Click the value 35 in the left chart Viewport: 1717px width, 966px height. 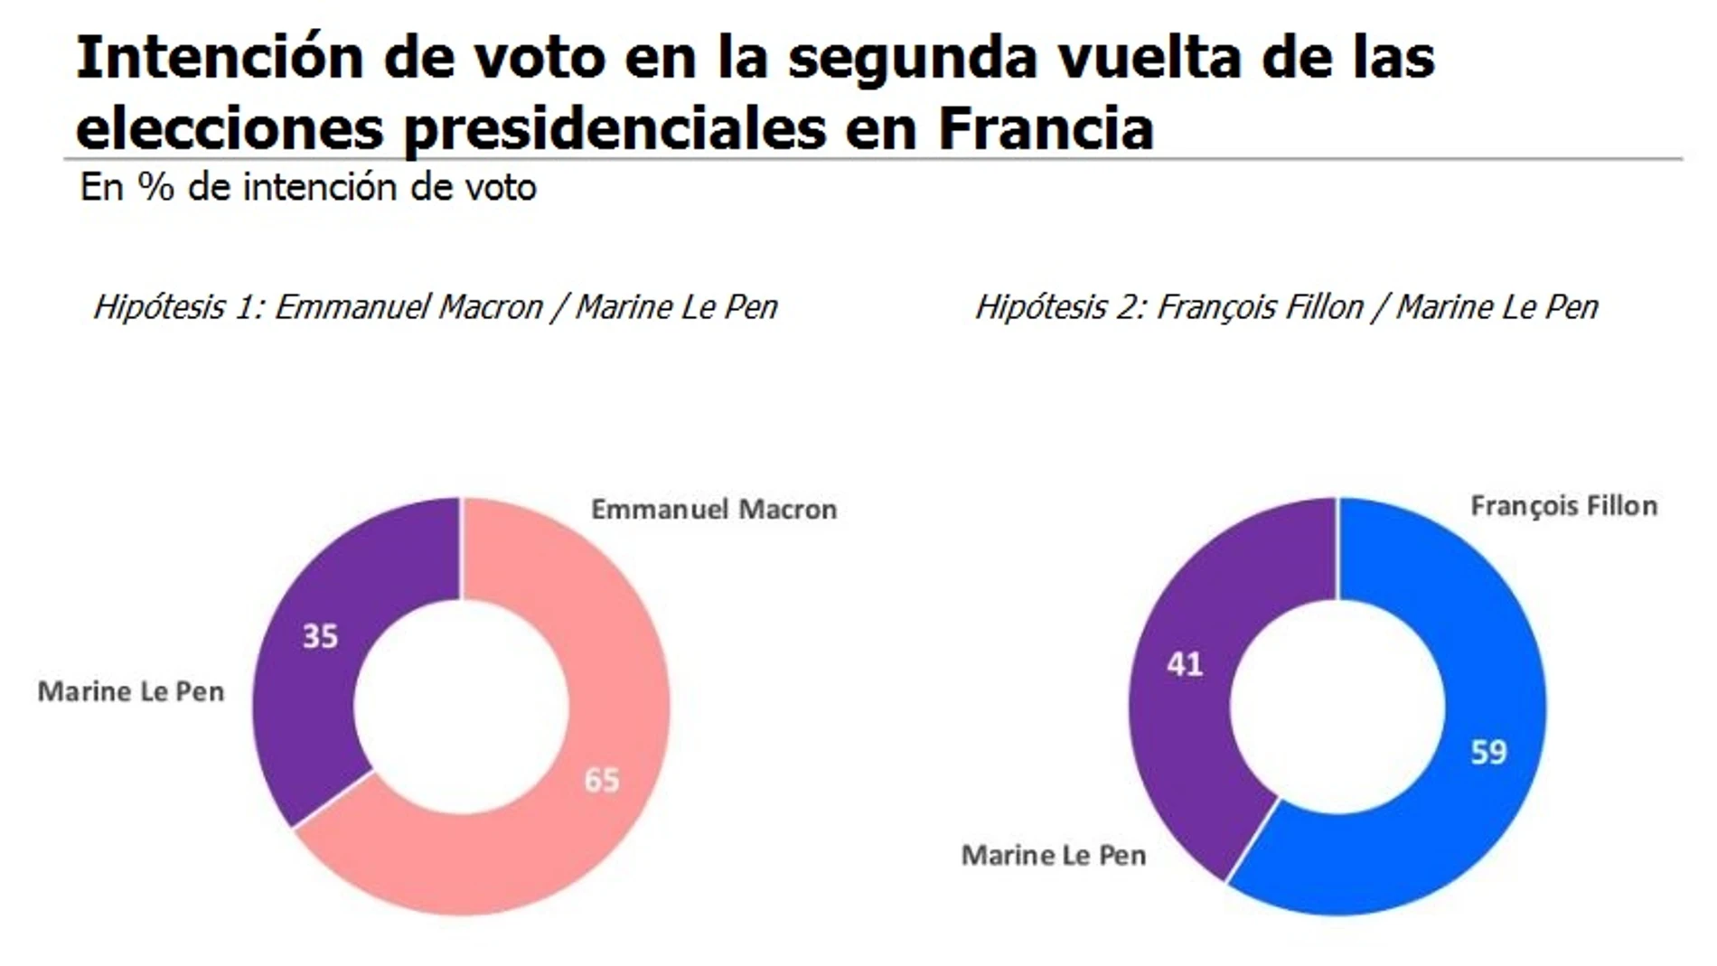[x=320, y=636]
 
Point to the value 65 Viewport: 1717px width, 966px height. [x=602, y=779]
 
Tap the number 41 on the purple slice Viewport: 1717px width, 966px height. [x=1185, y=664]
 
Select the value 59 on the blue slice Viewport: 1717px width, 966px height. [x=1488, y=752]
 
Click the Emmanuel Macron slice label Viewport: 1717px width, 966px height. [x=714, y=510]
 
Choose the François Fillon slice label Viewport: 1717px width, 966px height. [x=1563, y=506]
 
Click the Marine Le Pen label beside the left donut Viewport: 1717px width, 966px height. [x=131, y=692]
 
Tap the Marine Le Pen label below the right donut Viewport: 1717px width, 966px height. [x=1054, y=855]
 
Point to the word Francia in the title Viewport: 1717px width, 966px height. [x=1046, y=128]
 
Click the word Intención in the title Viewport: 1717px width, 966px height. [x=220, y=58]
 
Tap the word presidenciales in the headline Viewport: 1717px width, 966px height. [x=615, y=128]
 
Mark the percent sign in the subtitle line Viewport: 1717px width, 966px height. [x=155, y=188]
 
